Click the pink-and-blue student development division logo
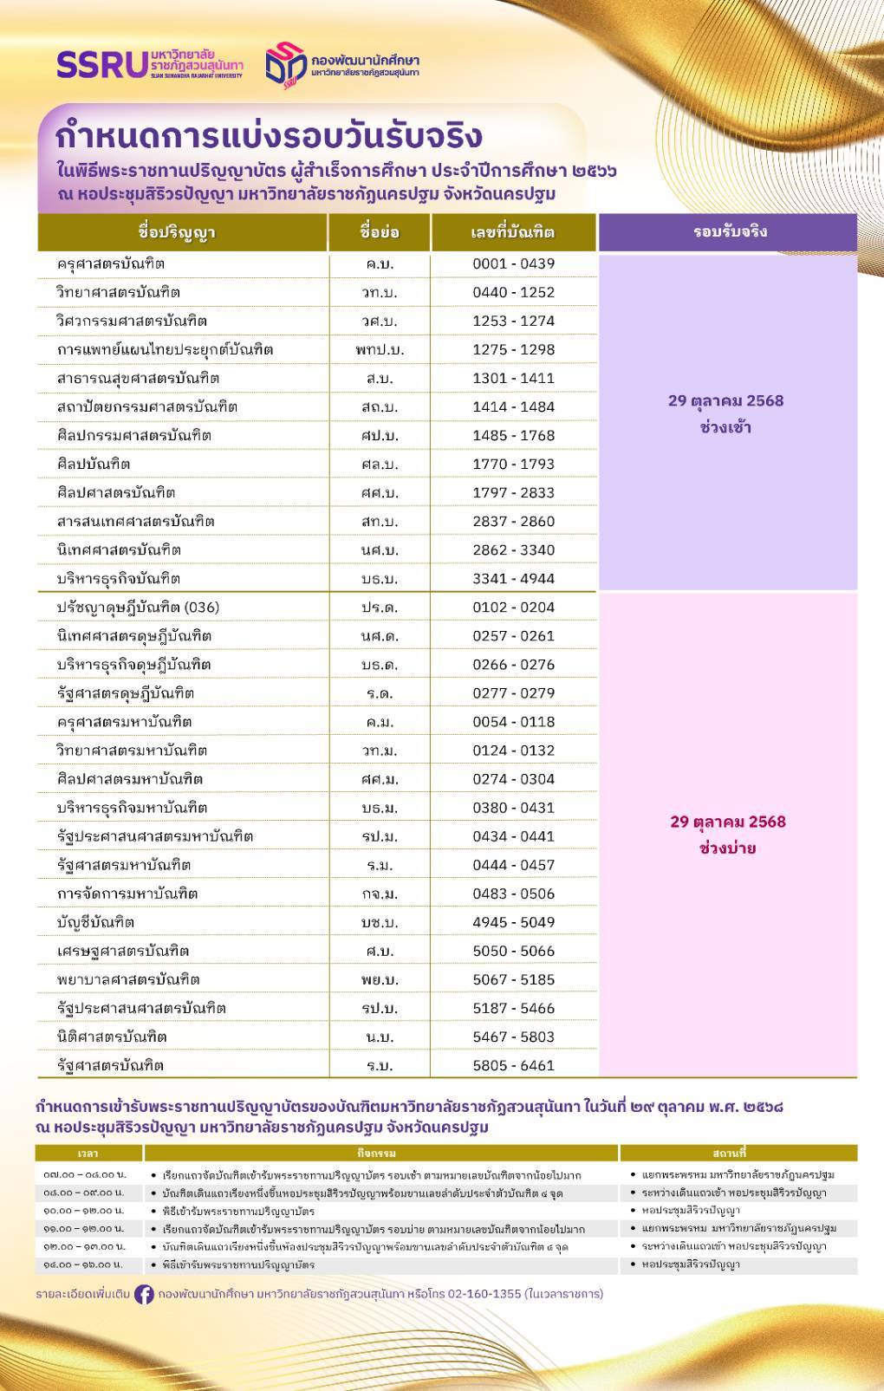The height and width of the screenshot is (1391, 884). tap(286, 64)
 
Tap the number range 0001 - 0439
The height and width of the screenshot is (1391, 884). tap(513, 263)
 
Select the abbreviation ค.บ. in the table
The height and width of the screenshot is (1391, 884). tap(380, 263)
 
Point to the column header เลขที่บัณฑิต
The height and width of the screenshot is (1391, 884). tap(513, 232)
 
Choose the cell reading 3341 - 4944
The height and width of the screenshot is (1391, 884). tap(513, 578)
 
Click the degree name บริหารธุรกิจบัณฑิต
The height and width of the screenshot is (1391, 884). tap(118, 578)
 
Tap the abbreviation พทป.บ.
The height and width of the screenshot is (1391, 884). tap(380, 349)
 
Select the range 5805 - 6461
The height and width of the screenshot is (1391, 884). tap(513, 1065)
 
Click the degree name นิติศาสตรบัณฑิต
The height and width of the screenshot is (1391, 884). tap(111, 1037)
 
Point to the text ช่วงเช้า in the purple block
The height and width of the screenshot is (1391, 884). tap(725, 427)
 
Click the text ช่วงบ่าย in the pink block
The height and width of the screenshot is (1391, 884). tap(727, 848)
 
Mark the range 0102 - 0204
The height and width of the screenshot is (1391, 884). tap(513, 607)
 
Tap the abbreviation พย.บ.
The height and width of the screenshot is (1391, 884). tap(380, 979)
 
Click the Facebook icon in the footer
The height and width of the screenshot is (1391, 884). tap(144, 1294)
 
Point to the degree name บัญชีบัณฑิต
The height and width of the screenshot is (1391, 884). tap(95, 922)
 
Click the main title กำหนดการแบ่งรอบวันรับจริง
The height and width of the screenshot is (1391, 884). tap(269, 136)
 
